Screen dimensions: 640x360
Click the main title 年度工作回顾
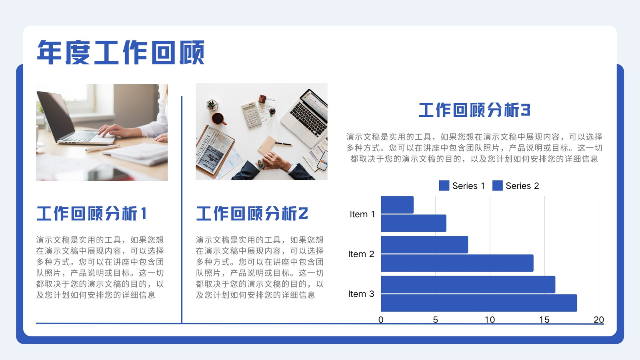120,52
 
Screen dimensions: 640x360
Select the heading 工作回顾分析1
92,214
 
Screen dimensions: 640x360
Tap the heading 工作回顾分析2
252,214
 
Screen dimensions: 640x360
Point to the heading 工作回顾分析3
474,110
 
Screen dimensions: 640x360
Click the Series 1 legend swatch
444,186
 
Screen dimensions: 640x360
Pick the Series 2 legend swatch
498,186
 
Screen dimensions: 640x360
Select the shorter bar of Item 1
397,204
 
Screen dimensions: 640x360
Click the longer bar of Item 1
414,223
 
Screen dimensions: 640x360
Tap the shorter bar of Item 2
424,244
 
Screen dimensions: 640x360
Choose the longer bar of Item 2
457,263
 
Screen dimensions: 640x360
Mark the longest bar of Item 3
479,303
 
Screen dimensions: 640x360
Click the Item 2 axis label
361,254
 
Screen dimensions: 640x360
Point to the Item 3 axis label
361,294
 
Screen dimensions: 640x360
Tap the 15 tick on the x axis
544,320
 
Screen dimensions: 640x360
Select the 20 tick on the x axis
599,320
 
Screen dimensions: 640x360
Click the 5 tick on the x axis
436,320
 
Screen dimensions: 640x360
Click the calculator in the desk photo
252,114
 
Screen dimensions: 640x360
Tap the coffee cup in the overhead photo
218,119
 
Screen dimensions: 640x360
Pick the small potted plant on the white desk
212,105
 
